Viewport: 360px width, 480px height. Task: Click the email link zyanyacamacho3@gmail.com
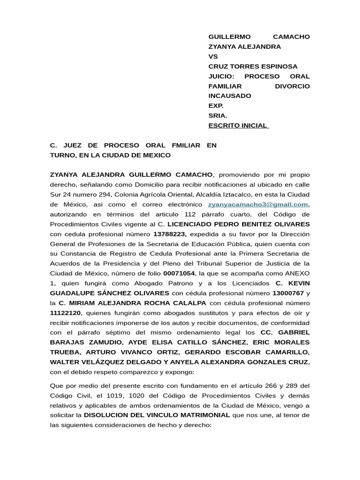tap(258, 204)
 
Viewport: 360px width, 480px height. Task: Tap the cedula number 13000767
tap(288, 293)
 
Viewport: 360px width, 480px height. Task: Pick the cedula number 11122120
tap(65, 313)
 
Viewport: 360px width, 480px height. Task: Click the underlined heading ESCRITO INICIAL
tap(238, 125)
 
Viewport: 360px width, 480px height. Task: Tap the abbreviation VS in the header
tap(213, 57)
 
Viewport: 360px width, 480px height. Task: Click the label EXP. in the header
tap(216, 105)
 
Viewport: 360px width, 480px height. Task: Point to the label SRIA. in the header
tap(217, 115)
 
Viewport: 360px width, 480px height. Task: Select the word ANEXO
tap(298, 273)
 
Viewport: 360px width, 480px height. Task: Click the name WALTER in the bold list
tap(65, 362)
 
